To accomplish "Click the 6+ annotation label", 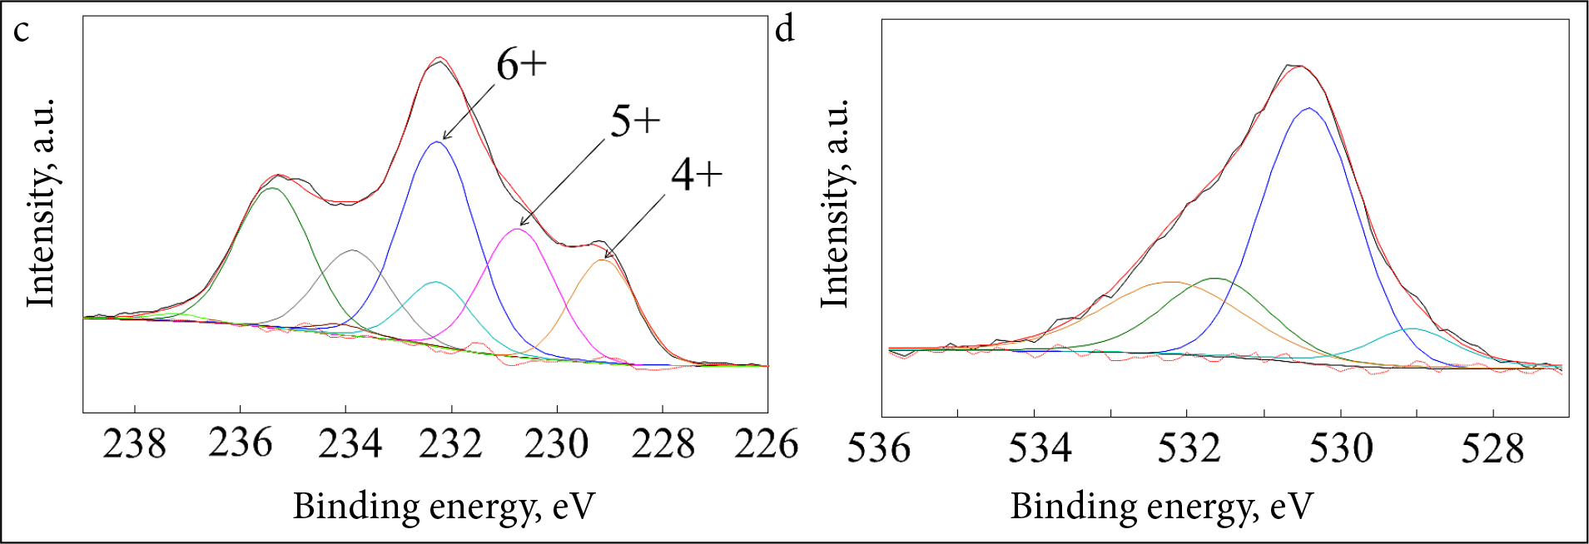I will (x=521, y=64).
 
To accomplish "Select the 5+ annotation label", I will (x=634, y=122).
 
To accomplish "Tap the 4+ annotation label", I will (x=697, y=176).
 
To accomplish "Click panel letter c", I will (x=22, y=31).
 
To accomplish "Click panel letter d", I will (x=785, y=31).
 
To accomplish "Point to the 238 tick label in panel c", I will (x=135, y=444).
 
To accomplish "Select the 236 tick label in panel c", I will (x=241, y=444).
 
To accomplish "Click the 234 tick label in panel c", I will (x=350, y=444).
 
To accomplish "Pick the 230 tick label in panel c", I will (x=556, y=444).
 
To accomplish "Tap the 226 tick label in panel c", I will (x=766, y=444).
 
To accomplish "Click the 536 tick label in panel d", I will (x=879, y=448).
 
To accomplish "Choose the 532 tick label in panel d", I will (x=1189, y=448).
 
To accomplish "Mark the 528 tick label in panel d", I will (x=1492, y=448).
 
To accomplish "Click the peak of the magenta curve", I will (x=517, y=228).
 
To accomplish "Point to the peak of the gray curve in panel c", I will (x=353, y=250).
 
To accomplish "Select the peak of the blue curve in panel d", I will (x=1309, y=108).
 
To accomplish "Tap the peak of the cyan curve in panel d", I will (x=1413, y=329).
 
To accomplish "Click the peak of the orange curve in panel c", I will (x=603, y=260).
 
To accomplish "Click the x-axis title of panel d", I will (x=1161, y=507).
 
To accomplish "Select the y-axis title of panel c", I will (x=41, y=202).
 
